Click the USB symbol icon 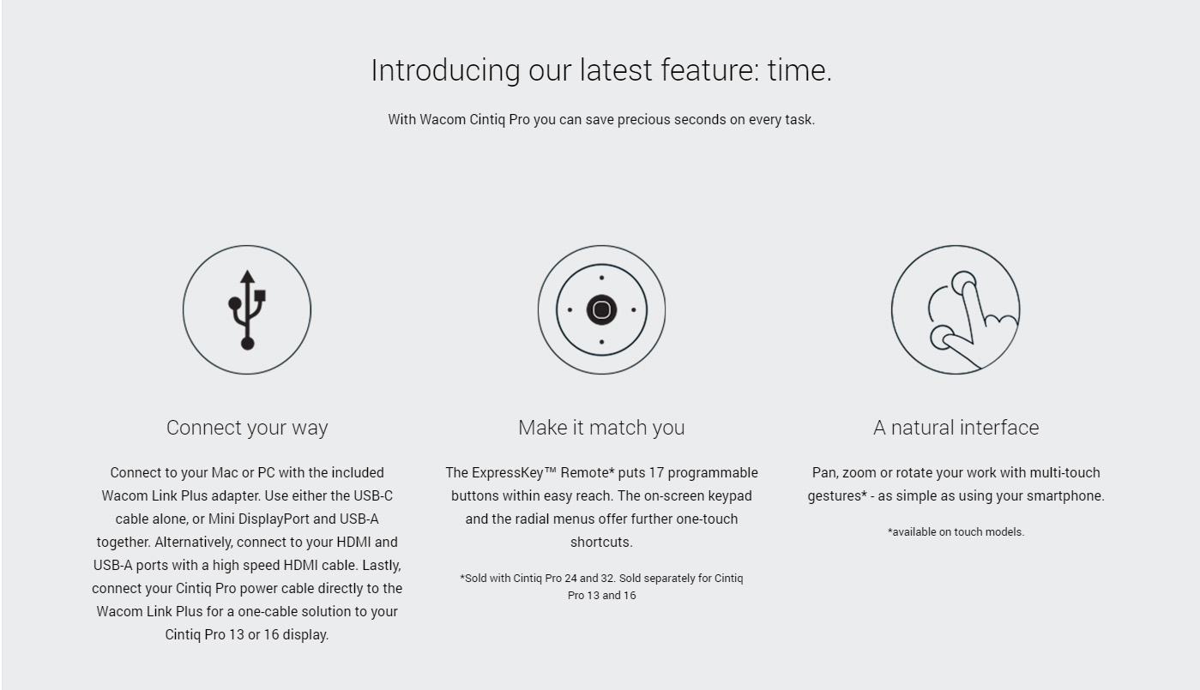click(x=247, y=309)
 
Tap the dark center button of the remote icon click(x=601, y=309)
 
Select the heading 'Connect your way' click(x=247, y=427)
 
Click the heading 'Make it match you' click(x=601, y=427)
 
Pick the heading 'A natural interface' click(x=956, y=427)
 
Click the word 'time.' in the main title click(x=799, y=70)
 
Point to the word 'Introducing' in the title click(x=445, y=70)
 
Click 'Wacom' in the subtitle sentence click(x=442, y=119)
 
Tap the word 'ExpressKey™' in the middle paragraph click(x=515, y=472)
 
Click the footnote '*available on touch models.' click(x=956, y=531)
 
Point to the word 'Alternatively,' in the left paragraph click(x=193, y=543)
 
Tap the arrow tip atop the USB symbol click(x=247, y=271)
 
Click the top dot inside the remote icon click(x=601, y=278)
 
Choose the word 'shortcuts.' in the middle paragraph click(x=601, y=543)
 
